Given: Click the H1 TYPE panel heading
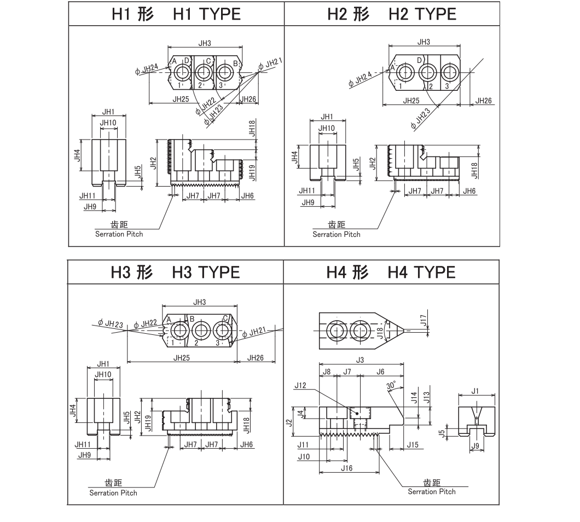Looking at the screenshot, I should tap(176, 14).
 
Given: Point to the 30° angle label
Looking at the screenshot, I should tap(391, 386).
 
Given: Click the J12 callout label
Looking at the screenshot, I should tap(300, 385).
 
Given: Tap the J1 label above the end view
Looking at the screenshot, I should tap(475, 391).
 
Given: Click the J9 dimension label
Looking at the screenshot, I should tap(475, 446).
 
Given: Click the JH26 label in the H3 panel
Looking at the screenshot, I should tap(256, 358).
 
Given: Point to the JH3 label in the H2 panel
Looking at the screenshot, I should tap(424, 42).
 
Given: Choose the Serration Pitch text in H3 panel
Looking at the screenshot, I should tap(113, 493).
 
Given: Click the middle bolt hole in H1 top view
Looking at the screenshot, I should tap(204, 72).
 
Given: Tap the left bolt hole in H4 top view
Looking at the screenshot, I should tap(334, 330).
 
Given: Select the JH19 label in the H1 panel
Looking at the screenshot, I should tap(252, 172).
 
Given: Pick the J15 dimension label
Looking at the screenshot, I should tap(412, 445).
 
